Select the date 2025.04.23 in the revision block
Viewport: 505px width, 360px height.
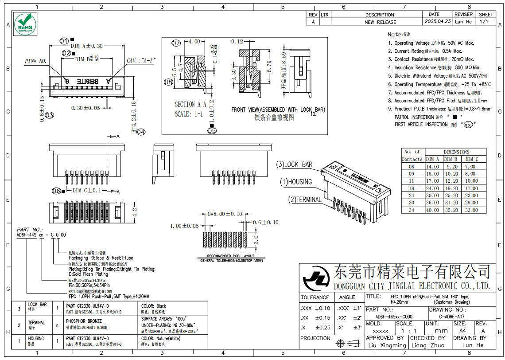437,21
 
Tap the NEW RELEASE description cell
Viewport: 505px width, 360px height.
380,22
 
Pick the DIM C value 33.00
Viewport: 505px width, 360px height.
471,210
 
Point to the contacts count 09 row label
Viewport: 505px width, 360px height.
411,174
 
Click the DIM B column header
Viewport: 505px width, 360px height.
451,159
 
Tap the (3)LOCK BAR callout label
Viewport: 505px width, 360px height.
295,164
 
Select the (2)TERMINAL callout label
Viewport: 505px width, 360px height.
305,200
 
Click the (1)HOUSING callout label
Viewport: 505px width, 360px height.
295,182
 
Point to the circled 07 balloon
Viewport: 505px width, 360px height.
177,43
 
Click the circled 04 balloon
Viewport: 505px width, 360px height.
141,132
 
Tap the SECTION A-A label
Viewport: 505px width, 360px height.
190,105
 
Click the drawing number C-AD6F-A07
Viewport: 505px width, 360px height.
452,317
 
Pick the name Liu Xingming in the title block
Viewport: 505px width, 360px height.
386,345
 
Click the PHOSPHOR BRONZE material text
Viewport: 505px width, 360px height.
84,321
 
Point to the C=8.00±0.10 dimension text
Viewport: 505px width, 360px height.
225,214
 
